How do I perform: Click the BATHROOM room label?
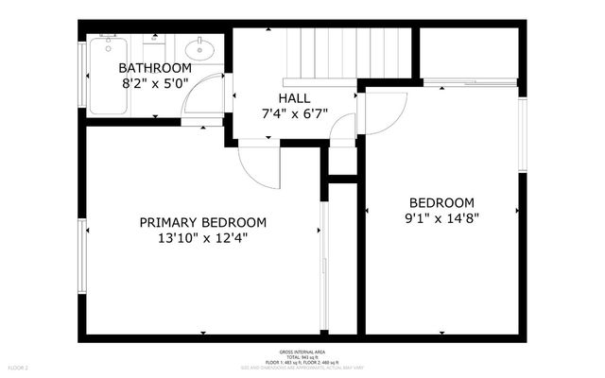click(x=155, y=69)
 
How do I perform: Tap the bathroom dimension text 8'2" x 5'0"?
click(x=155, y=84)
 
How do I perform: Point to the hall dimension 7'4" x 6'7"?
click(x=294, y=114)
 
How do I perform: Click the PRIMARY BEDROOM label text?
click(x=202, y=223)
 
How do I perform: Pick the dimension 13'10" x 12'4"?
click(x=202, y=239)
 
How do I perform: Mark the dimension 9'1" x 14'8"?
click(x=441, y=219)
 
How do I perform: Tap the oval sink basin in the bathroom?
click(x=199, y=48)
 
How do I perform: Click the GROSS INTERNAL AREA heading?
click(x=302, y=350)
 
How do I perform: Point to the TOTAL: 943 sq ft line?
click(x=302, y=356)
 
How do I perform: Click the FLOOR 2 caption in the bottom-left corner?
click(x=19, y=367)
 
